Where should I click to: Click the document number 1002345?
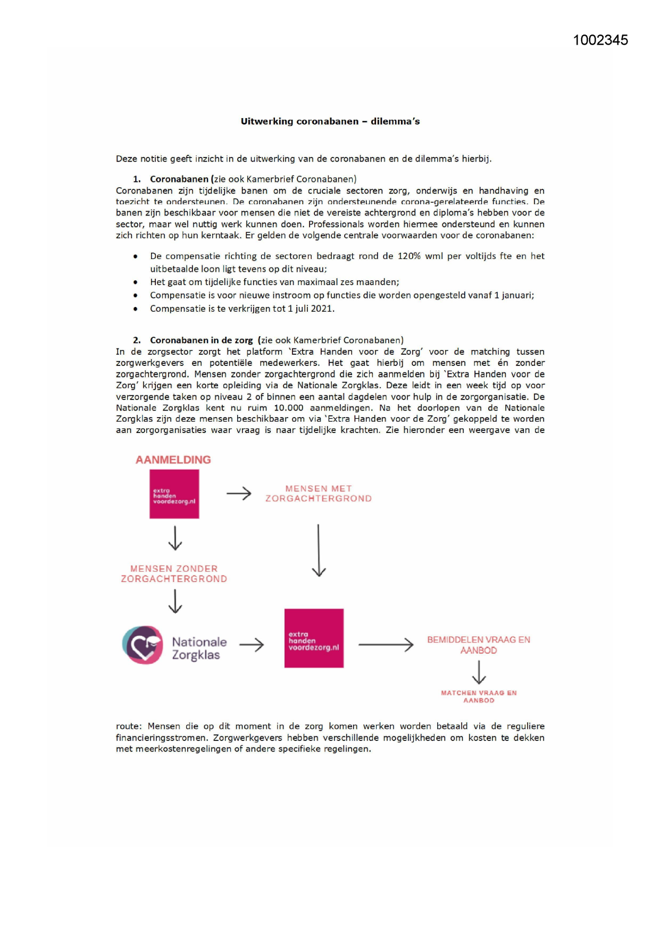click(x=600, y=40)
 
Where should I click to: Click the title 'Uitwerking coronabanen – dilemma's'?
click(x=330, y=121)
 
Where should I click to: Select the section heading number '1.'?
click(x=137, y=179)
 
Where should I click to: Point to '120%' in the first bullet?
click(x=409, y=256)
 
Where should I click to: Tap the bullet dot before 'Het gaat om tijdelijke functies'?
click(x=136, y=282)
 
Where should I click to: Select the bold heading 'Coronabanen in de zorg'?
click(x=201, y=340)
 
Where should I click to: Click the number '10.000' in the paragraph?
click(x=288, y=408)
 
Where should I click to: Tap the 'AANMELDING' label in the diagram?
click(x=173, y=460)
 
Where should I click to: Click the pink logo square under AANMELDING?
click(x=174, y=494)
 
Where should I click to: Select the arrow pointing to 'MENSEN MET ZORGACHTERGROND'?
click(x=239, y=494)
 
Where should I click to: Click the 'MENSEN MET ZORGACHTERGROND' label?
click(x=318, y=494)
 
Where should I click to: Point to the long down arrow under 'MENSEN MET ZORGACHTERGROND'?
click(x=318, y=550)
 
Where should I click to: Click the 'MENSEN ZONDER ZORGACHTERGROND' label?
click(x=174, y=574)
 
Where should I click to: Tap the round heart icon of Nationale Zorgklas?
click(x=143, y=645)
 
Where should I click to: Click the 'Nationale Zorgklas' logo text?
click(x=198, y=648)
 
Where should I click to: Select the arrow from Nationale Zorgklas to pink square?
click(x=252, y=645)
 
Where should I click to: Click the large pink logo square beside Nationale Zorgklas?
click(x=314, y=638)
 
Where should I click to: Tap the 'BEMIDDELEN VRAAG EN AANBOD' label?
click(x=478, y=645)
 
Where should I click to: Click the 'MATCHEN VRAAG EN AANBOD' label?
click(x=478, y=696)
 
